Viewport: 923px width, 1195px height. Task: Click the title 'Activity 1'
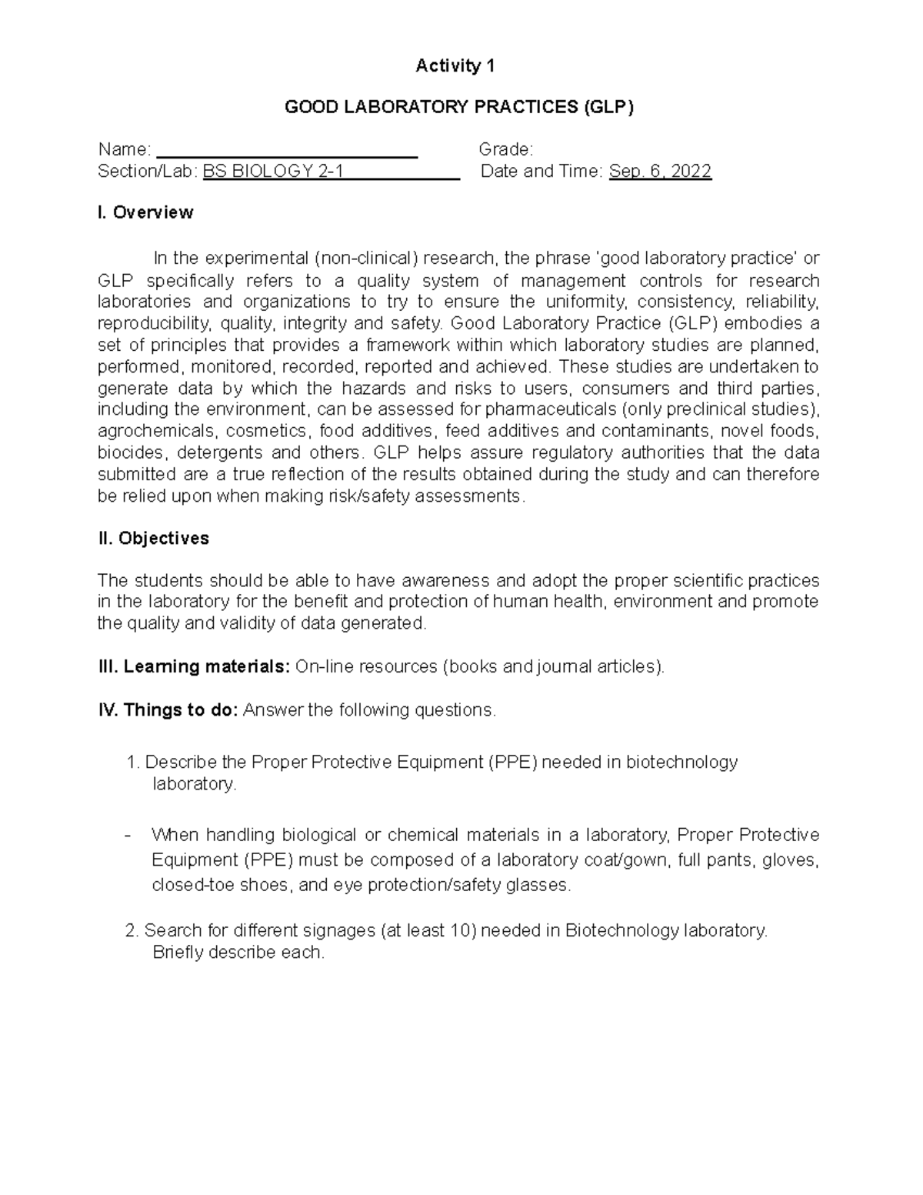[455, 66]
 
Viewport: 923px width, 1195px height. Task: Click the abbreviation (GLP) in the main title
[608, 107]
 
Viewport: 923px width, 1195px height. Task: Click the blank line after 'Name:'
[286, 150]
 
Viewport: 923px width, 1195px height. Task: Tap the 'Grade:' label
[505, 149]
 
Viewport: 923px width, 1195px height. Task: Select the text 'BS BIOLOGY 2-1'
[273, 172]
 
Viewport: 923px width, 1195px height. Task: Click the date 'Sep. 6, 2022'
[660, 172]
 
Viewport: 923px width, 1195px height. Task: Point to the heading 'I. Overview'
[145, 212]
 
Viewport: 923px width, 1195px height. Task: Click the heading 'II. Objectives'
[154, 539]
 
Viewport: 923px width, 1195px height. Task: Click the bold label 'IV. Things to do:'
[169, 709]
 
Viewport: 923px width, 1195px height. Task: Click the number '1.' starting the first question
[132, 763]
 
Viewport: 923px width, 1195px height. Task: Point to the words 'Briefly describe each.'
[238, 953]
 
